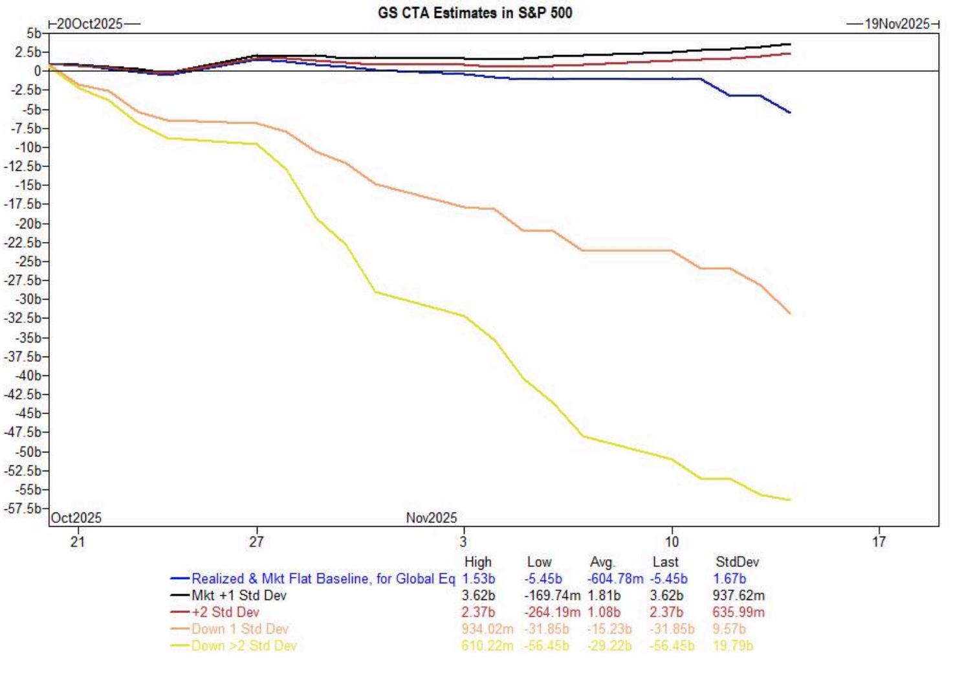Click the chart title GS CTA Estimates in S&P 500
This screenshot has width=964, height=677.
(475, 12)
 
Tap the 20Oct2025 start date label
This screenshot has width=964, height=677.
(89, 24)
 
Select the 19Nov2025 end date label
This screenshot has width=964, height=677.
(897, 24)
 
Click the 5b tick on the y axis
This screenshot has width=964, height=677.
(34, 33)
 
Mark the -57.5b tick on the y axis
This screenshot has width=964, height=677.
(23, 508)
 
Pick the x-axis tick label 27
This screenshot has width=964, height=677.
(256, 542)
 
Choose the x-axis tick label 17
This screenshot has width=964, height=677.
(878, 542)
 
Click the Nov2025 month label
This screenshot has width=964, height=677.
(431, 518)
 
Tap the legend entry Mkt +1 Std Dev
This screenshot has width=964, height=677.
(239, 595)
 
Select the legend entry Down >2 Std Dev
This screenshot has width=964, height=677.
(244, 645)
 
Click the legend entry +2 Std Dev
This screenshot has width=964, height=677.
(225, 612)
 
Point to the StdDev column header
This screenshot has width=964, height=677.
(737, 562)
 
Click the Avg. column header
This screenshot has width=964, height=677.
(602, 562)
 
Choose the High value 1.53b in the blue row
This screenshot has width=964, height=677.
(478, 579)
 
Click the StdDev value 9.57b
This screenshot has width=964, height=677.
(729, 628)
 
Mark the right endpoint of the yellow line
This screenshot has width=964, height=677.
(789, 500)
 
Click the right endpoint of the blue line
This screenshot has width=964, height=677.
(789, 113)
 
